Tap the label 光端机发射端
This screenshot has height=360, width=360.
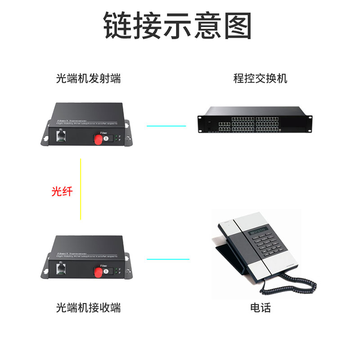pyautogui.click(x=88, y=79)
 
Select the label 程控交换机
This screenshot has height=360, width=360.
pyautogui.click(x=260, y=79)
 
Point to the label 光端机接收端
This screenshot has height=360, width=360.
pyautogui.click(x=88, y=308)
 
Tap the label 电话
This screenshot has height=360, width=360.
pyautogui.click(x=261, y=308)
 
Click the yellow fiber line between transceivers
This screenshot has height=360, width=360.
pyautogui.click(x=81, y=189)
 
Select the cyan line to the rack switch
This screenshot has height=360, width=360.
pyautogui.click(x=166, y=126)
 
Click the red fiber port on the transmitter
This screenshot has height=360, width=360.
pyautogui.click(x=97, y=139)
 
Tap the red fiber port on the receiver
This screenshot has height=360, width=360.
pyautogui.click(x=97, y=271)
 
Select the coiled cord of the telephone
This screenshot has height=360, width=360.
pyautogui.click(x=292, y=286)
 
